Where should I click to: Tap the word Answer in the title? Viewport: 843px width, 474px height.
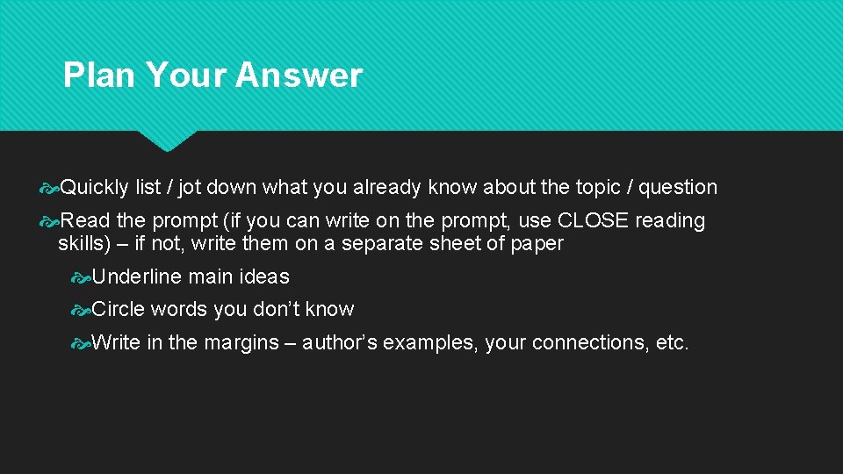click(299, 75)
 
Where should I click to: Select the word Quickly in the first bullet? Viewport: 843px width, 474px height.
click(95, 187)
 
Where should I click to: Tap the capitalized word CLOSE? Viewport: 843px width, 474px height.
click(594, 220)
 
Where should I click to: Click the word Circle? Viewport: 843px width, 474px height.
click(119, 309)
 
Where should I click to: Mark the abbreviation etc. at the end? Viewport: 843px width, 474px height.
click(673, 342)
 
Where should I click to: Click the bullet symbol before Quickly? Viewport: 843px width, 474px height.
click(50, 187)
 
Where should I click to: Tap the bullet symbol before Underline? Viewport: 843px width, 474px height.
click(82, 276)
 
